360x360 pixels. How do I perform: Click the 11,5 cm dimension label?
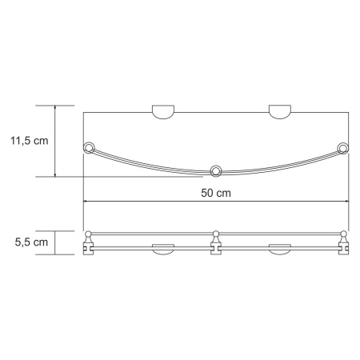tap(29, 140)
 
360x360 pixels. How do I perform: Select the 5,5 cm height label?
tap(29, 241)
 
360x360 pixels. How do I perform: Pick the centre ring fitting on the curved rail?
tap(215, 170)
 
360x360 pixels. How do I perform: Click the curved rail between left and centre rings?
tap(148, 162)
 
